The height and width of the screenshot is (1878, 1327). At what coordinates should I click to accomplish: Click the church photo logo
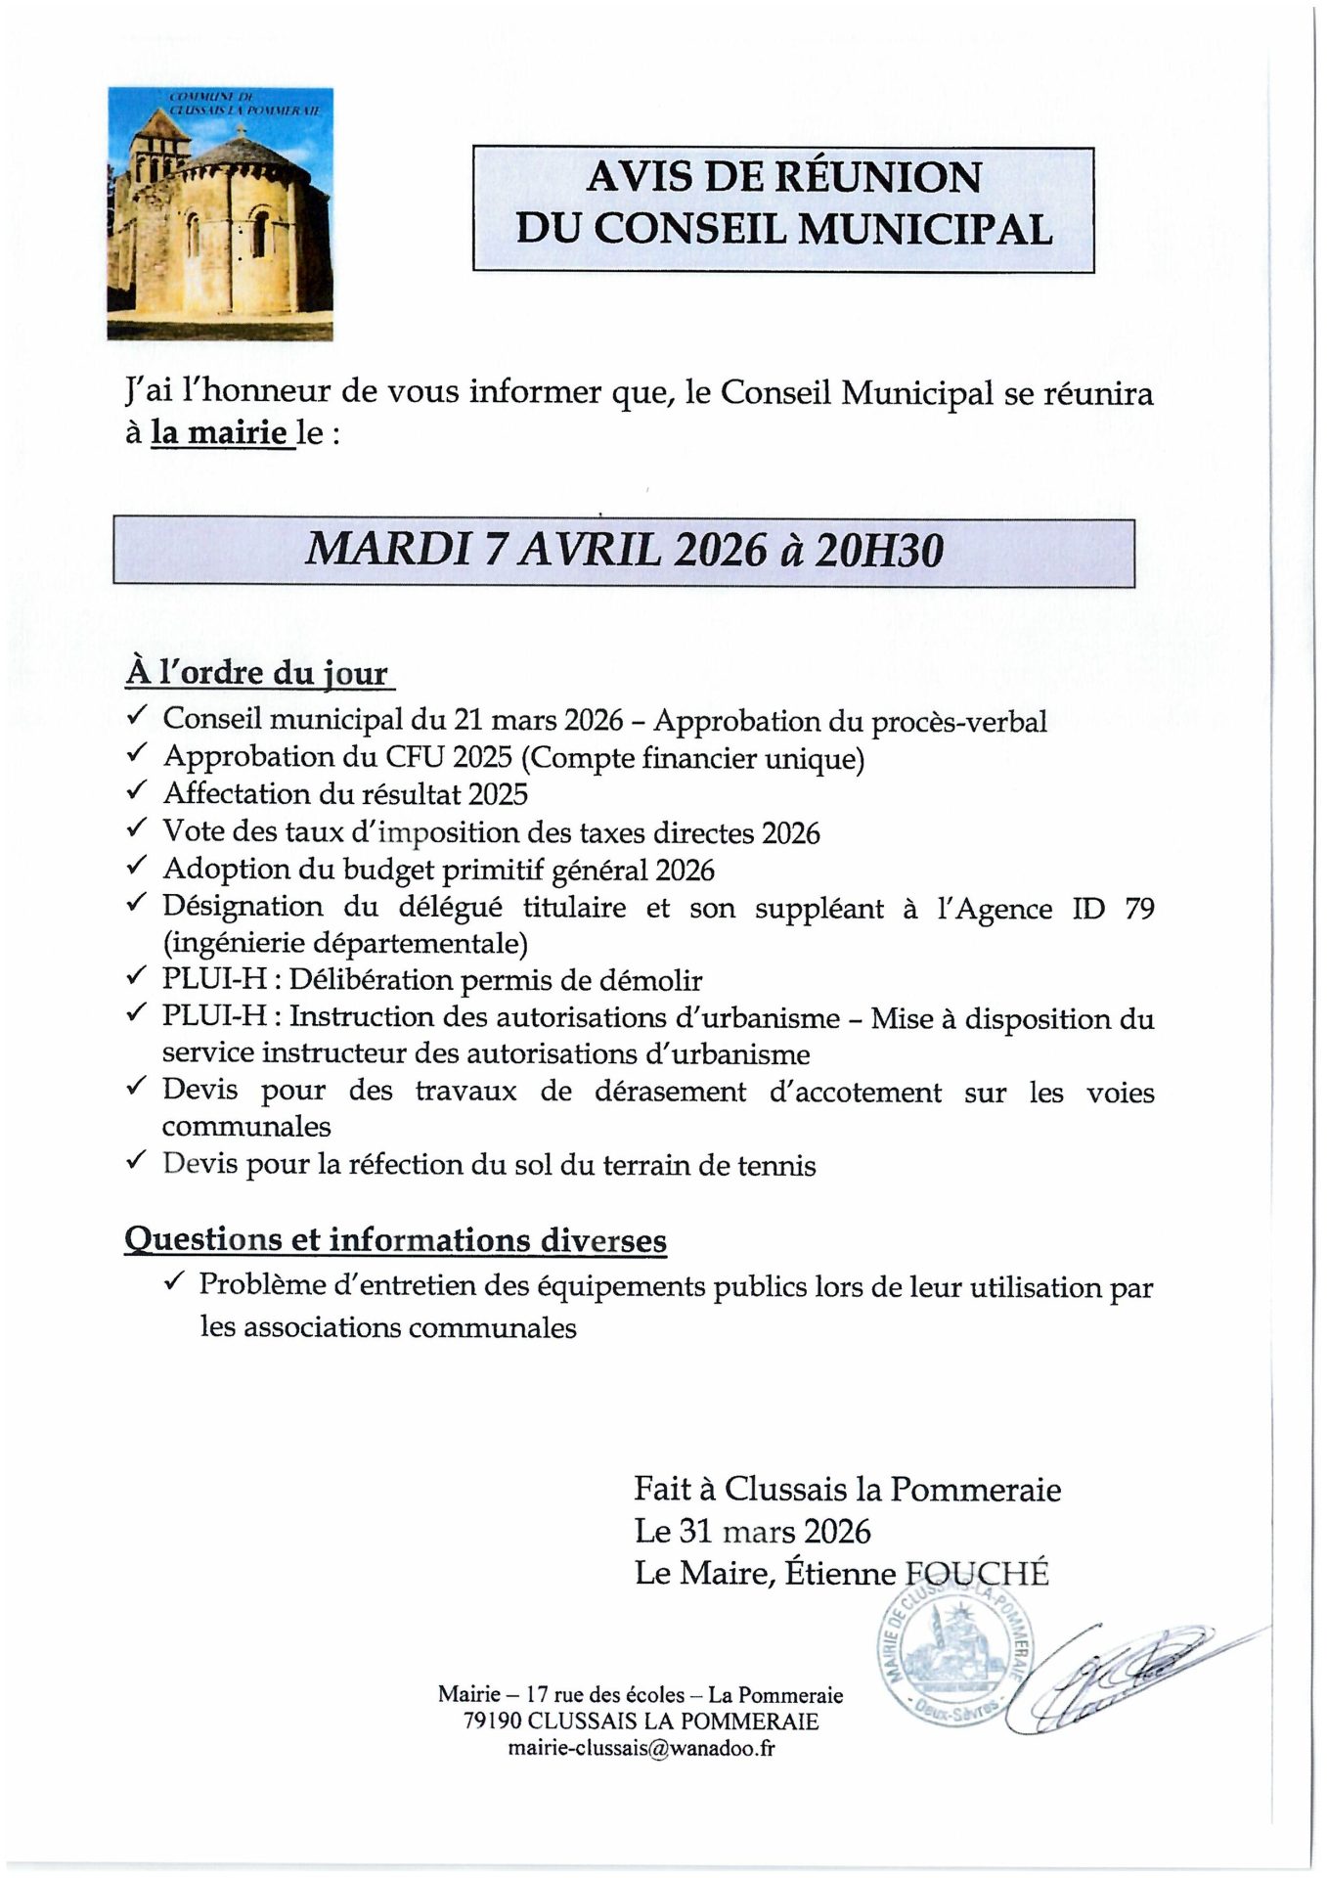click(220, 214)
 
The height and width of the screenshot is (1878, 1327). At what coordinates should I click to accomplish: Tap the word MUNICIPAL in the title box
click(925, 230)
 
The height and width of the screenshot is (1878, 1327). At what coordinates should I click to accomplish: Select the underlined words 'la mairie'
click(220, 432)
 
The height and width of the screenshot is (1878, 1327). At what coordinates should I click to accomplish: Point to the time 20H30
click(879, 552)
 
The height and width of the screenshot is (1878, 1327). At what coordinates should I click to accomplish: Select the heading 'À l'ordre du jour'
click(257, 673)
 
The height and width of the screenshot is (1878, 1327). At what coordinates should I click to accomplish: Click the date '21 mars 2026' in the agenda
click(537, 720)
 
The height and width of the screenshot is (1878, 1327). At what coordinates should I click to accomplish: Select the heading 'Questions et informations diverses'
click(396, 1240)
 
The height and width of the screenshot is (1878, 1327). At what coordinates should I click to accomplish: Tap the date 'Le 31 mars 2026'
click(752, 1531)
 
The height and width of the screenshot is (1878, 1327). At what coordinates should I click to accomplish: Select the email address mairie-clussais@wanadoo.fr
click(641, 1748)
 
